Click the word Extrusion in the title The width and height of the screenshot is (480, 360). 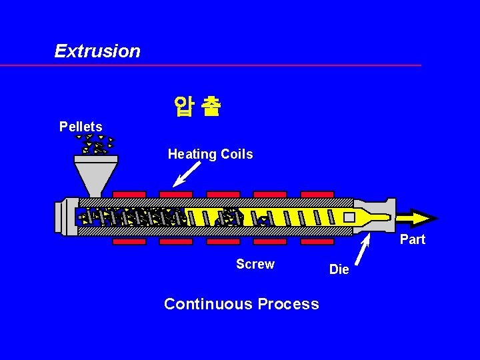(x=97, y=51)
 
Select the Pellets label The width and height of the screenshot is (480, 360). (x=81, y=127)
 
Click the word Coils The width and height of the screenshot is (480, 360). (x=237, y=155)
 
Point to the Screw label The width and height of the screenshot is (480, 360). (x=255, y=264)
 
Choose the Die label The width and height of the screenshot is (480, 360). (x=339, y=269)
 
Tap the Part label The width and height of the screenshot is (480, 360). (x=412, y=239)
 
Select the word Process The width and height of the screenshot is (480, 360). (x=289, y=304)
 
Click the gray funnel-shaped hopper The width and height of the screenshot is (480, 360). (x=96, y=175)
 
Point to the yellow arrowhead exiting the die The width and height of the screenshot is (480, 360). (x=423, y=218)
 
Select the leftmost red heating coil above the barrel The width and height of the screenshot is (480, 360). (x=129, y=195)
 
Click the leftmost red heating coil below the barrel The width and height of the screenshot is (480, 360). (x=129, y=241)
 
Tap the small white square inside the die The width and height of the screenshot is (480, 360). (x=349, y=217)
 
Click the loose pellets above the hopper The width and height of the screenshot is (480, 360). (x=95, y=144)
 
